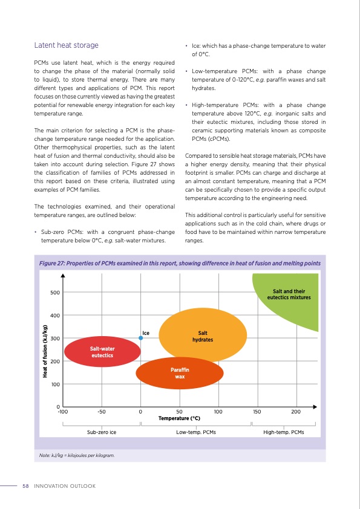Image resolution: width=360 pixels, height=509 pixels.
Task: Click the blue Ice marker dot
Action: point(140,338)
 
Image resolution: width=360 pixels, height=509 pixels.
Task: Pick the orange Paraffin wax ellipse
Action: point(179,373)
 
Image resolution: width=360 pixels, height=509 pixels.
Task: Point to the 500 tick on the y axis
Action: point(54,293)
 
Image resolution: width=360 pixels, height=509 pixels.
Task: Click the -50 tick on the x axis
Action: point(101,412)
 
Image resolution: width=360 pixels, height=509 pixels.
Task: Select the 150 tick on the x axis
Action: point(257,412)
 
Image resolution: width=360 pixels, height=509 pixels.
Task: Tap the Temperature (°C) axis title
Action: point(179,418)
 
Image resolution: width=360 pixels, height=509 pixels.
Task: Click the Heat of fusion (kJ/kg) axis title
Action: point(45,351)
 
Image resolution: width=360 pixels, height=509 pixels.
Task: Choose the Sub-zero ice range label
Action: point(102,432)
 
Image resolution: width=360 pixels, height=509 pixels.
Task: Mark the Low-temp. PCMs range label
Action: point(195,432)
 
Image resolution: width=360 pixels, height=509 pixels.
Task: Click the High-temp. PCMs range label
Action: point(284,432)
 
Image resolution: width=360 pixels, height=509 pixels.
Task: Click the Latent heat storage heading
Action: point(66,45)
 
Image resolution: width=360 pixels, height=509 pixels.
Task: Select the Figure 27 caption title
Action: point(175,263)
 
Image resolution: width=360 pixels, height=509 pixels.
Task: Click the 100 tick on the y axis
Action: point(54,384)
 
